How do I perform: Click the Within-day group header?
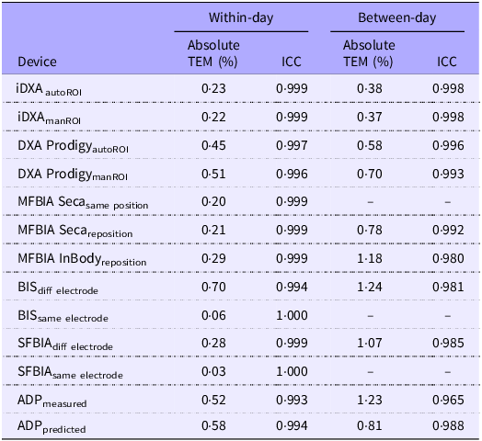[241, 17]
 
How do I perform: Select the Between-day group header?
[397, 17]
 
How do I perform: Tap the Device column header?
[37, 62]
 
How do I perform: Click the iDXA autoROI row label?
[49, 89]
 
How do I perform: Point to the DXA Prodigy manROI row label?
[73, 175]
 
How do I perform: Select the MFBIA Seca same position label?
[83, 202]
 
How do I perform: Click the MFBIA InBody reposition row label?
[82, 259]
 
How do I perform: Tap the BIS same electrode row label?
[63, 316]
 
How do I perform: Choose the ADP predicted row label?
[52, 426]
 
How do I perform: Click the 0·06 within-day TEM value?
[213, 315]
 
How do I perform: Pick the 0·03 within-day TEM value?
[213, 371]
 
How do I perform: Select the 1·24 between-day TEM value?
[370, 287]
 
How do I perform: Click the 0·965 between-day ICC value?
[448, 400]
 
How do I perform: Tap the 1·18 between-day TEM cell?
[370, 258]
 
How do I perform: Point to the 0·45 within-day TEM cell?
[213, 145]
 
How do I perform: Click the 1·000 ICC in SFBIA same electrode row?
[292, 371]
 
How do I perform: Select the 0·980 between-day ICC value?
[448, 258]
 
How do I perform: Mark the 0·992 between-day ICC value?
[448, 230]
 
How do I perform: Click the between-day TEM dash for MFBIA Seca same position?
[370, 202]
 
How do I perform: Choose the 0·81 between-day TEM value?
[370, 425]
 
